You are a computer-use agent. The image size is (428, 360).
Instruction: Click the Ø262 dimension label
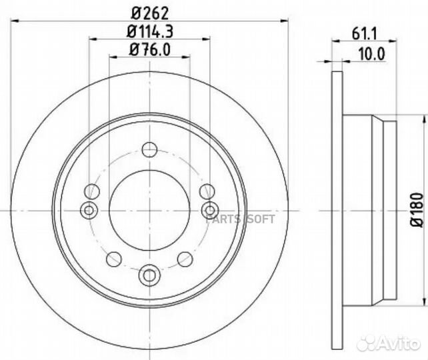point(149,13)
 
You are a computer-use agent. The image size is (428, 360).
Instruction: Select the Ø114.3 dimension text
point(150,31)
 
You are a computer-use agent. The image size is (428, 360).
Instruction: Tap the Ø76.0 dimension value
point(150,50)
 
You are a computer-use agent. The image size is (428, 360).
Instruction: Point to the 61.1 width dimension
point(364,34)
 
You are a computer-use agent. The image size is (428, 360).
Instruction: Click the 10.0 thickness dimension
point(371,54)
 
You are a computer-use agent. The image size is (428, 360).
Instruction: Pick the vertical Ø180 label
point(417,210)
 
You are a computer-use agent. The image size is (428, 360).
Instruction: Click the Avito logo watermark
point(389,343)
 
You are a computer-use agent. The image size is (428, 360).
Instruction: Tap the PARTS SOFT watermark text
point(240,219)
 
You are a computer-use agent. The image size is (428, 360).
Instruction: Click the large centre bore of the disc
point(149,211)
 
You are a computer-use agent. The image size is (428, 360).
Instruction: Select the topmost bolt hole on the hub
point(149,149)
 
